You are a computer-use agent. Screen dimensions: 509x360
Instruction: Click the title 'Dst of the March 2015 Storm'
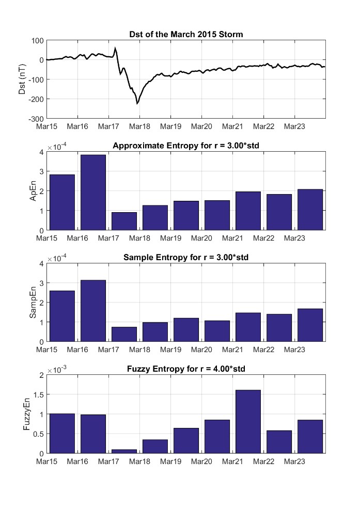click(186, 35)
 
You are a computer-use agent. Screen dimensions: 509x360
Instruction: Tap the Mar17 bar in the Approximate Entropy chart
click(124, 221)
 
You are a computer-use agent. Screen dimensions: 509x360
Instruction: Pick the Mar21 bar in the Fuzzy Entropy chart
click(248, 421)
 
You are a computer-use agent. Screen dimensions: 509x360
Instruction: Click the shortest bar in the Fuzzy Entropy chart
click(124, 451)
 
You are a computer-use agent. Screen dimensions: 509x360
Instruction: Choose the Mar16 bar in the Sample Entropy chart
click(93, 310)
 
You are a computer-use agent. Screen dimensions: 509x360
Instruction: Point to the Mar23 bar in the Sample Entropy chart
click(310, 325)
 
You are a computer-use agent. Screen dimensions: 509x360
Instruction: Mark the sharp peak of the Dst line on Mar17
click(115, 48)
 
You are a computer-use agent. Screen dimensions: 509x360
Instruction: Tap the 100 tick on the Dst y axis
click(37, 40)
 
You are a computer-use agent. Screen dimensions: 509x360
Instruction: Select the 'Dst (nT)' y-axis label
click(22, 79)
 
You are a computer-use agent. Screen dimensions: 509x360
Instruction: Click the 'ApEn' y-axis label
click(33, 190)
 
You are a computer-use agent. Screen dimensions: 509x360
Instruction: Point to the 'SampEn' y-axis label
click(33, 302)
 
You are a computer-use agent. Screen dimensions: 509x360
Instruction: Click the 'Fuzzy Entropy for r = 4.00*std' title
click(186, 370)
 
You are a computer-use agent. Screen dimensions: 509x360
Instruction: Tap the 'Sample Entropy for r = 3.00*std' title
click(186, 258)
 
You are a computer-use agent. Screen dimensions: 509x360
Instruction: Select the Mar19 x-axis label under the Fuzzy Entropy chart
click(170, 462)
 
